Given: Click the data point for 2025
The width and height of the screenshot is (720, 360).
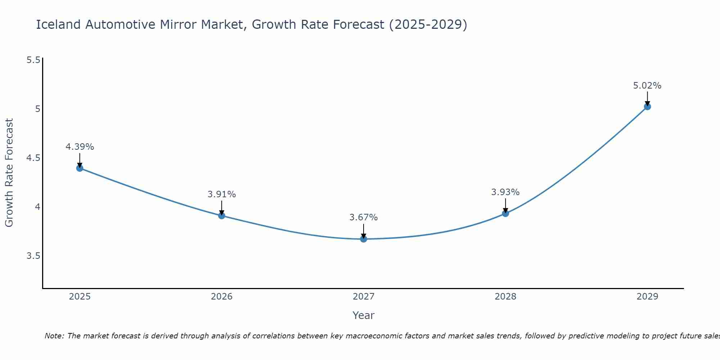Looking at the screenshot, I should point(80,168).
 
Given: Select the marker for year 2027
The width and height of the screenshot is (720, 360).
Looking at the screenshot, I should point(364,239).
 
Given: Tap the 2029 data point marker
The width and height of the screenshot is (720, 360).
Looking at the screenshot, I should point(647,107).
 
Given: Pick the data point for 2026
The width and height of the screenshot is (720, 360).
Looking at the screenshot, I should point(222,216).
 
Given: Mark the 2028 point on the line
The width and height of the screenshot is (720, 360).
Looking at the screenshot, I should point(505,213).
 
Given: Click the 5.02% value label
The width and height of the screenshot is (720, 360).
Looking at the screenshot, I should point(647,86).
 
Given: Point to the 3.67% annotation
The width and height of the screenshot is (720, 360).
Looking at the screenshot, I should point(364,217).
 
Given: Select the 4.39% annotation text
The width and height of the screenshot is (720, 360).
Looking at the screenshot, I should point(80,147).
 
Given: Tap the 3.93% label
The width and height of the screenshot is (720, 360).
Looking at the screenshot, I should point(505,192).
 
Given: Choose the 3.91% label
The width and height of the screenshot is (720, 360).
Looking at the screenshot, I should point(222,194).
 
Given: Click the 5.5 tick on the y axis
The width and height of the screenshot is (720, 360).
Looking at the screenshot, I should point(33,60).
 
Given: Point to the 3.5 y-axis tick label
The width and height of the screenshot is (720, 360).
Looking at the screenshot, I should point(33,256).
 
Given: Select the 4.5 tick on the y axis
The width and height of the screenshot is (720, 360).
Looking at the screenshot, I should point(33,158).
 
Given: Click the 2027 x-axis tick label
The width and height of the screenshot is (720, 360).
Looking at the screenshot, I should point(364,297).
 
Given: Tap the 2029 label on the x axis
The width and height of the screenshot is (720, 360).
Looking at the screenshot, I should point(647,297).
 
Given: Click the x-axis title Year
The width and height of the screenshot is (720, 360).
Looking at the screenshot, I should point(364,315).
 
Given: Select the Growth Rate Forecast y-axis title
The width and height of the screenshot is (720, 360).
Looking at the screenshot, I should point(9,173).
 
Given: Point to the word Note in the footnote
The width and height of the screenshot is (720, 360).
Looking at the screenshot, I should point(54,336).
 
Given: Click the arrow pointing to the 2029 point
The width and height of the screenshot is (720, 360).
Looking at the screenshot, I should point(647,98).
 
